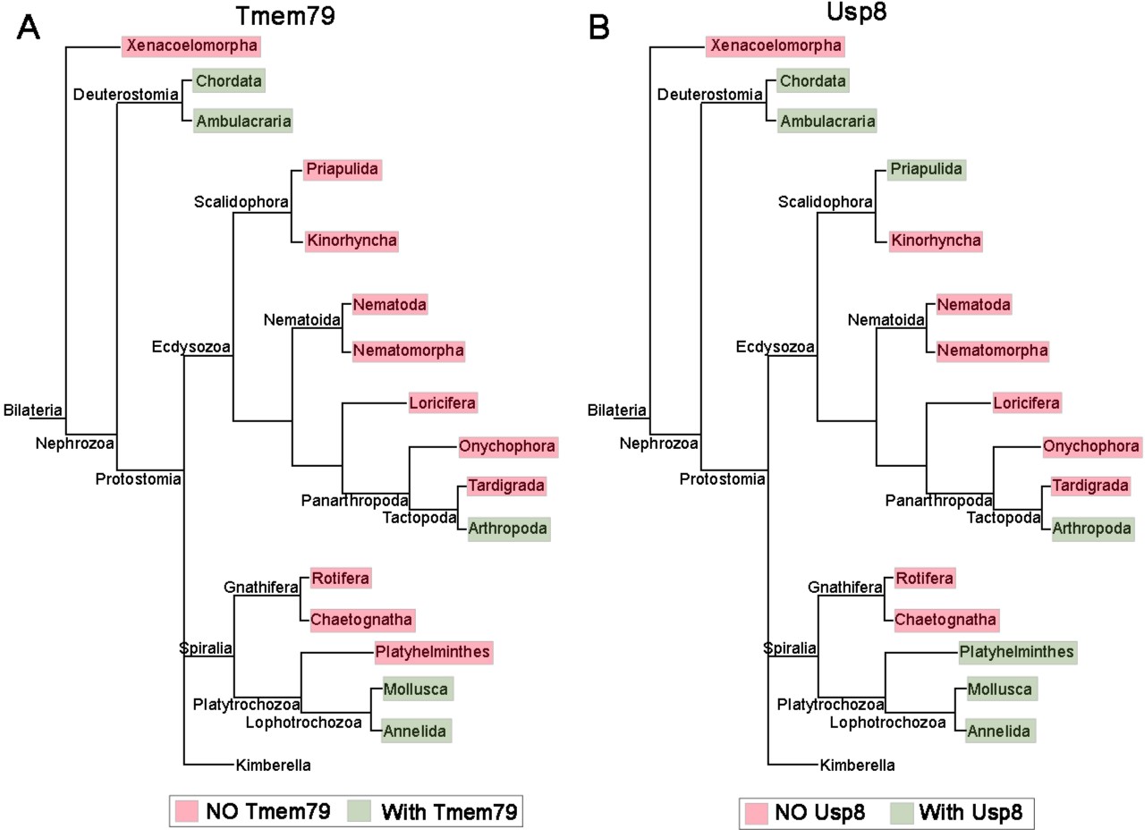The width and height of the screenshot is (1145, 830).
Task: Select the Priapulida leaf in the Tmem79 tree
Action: click(x=343, y=168)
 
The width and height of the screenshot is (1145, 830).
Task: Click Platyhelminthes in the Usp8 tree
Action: click(x=1017, y=651)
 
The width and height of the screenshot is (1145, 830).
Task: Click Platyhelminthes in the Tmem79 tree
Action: click(x=434, y=651)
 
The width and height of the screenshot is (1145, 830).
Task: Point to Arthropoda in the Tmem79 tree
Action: click(x=507, y=529)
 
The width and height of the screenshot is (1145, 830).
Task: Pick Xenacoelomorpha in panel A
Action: click(x=192, y=45)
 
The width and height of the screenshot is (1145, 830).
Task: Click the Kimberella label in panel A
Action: click(x=274, y=765)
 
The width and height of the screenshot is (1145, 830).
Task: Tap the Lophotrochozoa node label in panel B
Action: click(x=887, y=722)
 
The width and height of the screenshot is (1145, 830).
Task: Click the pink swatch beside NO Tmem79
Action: click(x=191, y=812)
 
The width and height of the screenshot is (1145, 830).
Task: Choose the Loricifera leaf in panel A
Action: click(x=442, y=402)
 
